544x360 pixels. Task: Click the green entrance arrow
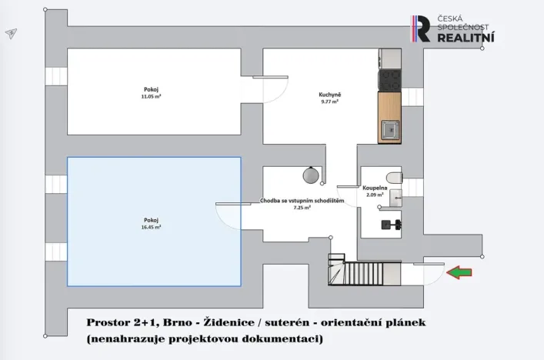459,272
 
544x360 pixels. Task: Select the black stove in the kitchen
389,79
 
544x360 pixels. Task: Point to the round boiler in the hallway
311,175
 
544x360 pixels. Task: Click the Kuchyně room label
330,95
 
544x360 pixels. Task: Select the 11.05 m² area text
151,97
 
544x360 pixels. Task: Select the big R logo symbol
422,28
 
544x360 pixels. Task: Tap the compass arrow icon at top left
11,34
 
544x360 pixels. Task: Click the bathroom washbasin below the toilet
395,198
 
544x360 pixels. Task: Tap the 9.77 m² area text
330,102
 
